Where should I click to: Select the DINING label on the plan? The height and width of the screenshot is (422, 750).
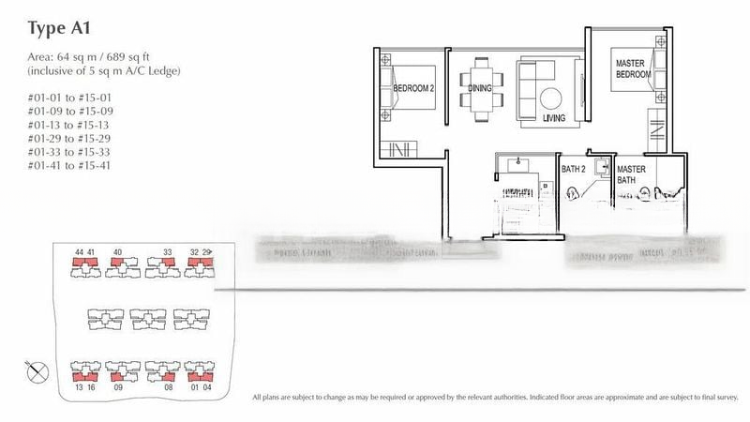[x=480, y=89]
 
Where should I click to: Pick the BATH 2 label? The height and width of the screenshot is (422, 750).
[x=575, y=170]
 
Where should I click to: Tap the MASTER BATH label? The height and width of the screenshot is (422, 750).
[x=632, y=175]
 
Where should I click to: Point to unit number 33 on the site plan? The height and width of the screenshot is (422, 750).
[x=168, y=252]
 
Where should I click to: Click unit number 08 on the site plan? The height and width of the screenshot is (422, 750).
[x=168, y=385]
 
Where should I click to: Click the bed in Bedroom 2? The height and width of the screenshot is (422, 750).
[x=411, y=87]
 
